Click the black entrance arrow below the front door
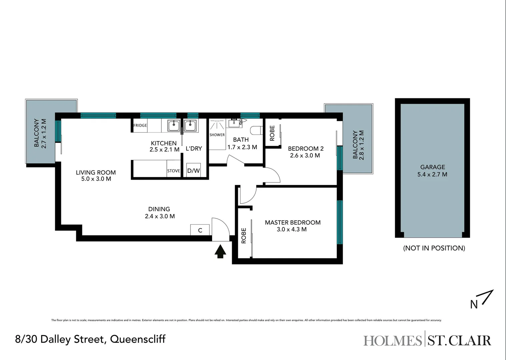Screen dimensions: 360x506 220,251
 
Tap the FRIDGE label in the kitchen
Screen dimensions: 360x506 140,126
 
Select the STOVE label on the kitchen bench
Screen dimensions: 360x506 173,171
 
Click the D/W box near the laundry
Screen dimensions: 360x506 193,171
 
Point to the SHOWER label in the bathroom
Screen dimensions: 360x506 217,135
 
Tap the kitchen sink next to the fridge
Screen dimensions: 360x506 174,126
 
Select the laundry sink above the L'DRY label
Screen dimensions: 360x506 190,126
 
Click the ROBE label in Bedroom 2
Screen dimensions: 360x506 272,133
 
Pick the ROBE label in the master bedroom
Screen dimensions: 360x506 244,236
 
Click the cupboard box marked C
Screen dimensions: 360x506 200,230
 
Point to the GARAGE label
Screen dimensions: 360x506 433,167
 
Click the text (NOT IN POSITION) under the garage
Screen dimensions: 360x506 434,248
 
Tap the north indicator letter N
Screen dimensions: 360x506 474,305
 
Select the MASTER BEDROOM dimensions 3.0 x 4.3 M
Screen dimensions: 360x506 292,229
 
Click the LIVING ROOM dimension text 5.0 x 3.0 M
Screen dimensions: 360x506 96,179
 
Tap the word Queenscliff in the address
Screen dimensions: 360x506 138,339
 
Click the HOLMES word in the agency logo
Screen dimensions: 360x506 392,341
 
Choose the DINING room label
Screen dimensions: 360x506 159,209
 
